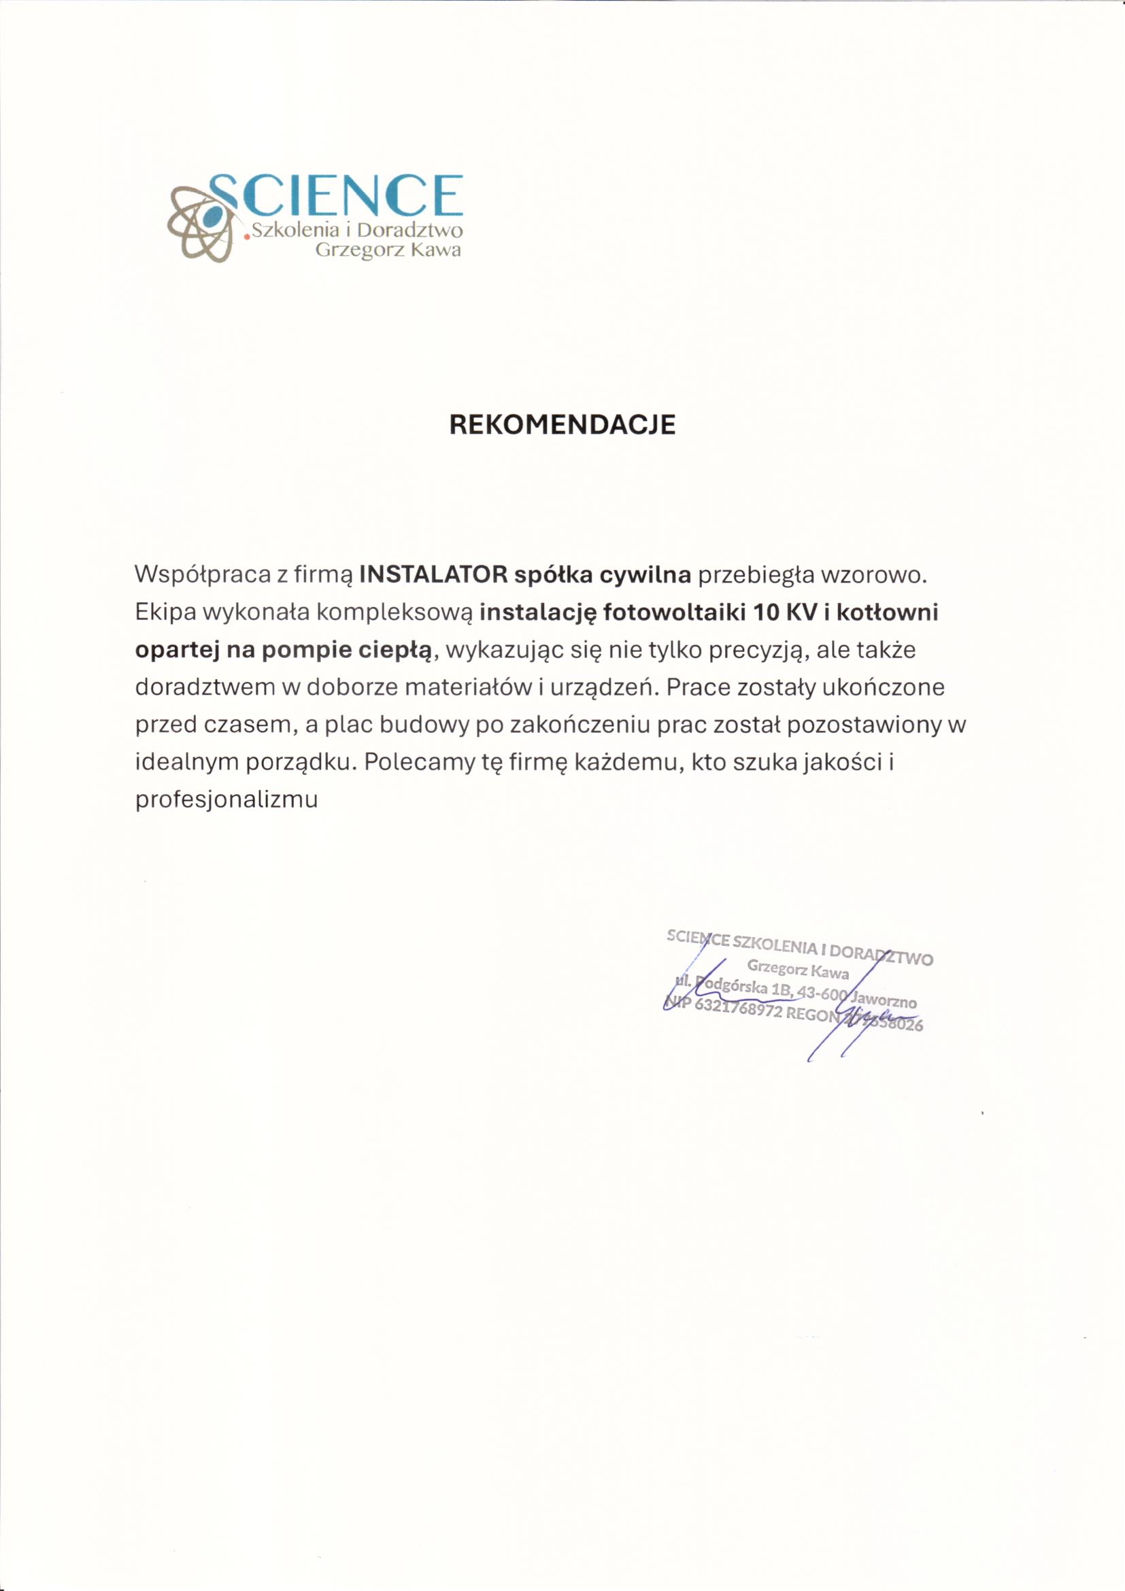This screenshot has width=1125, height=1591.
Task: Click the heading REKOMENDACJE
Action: [x=562, y=424]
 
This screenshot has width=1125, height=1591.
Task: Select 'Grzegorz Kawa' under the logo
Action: [x=388, y=250]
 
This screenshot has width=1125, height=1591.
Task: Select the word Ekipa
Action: [x=164, y=612]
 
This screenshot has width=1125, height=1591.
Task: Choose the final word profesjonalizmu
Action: [x=226, y=800]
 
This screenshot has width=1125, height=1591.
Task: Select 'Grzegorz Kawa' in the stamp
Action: [x=797, y=969]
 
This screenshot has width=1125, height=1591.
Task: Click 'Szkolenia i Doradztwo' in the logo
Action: [x=357, y=231]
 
